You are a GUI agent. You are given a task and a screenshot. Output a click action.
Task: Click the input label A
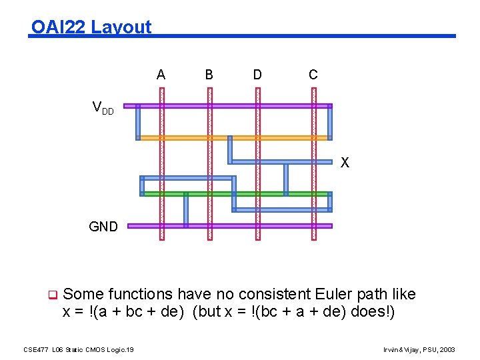pos(161,75)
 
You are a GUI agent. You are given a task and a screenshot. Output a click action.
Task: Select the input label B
pos(209,75)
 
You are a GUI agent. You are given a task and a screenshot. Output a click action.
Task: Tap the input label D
pos(257,75)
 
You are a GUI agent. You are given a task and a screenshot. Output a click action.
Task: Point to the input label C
pos(313,75)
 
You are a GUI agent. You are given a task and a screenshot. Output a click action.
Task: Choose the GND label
pos(103,227)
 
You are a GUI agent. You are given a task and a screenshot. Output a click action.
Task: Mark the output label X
pos(345,163)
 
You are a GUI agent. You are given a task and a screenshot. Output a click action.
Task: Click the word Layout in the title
pos(121,27)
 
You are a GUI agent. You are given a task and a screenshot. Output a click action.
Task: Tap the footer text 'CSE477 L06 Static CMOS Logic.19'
pos(79,349)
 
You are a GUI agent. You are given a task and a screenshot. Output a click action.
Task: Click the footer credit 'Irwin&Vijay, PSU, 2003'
pos(420,349)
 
